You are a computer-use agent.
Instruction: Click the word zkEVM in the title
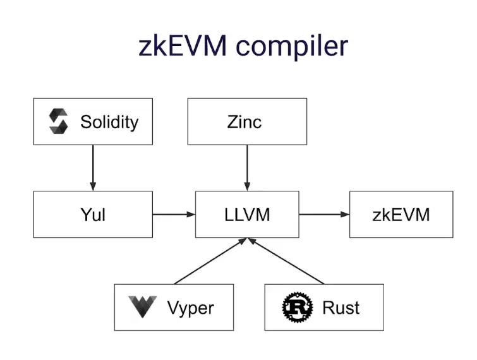179,47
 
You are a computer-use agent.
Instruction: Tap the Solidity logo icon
58,121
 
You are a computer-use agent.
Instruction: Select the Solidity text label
109,121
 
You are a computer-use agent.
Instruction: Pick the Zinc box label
245,121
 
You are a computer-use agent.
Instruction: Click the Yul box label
93,215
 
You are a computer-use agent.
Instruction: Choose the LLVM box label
247,215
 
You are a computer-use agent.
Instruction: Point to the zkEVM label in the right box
401,215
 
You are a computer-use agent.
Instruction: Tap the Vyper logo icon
142,308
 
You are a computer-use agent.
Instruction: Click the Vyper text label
190,308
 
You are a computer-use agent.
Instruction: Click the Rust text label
341,308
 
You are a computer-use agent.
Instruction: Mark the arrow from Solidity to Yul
93,167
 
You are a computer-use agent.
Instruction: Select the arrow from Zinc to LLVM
247,167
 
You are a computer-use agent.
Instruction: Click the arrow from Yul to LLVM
174,215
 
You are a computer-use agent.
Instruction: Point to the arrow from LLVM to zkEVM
323,215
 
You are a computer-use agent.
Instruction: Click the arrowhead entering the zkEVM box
345,215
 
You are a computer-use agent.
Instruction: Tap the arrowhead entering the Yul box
93,186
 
